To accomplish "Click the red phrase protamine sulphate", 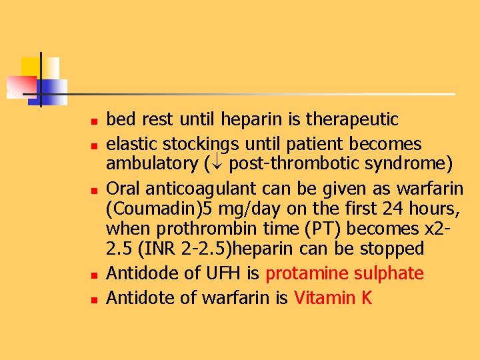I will pos(344,273).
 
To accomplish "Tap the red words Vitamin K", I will pos(333,297).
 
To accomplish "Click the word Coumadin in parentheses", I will pos(154,209).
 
